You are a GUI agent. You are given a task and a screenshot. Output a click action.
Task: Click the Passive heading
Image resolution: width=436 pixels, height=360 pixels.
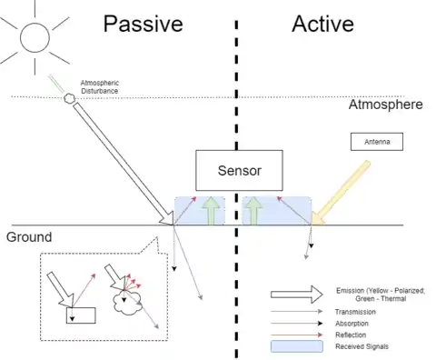(x=144, y=25)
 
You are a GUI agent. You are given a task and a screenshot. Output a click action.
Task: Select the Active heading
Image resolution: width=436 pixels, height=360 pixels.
(x=322, y=24)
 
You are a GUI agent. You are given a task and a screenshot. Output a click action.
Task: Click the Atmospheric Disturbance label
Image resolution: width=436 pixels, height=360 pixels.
(x=100, y=86)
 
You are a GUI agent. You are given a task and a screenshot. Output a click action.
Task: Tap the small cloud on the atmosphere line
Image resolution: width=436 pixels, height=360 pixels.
(x=69, y=98)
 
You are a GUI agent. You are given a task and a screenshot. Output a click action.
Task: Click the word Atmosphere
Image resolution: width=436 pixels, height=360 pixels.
(x=386, y=105)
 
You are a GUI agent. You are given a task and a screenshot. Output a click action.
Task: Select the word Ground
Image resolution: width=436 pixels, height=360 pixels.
(x=29, y=237)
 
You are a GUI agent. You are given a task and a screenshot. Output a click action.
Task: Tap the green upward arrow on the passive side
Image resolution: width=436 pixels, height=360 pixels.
(x=211, y=211)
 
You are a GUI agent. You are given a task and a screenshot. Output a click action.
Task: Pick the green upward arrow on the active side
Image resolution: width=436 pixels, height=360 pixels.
(x=253, y=211)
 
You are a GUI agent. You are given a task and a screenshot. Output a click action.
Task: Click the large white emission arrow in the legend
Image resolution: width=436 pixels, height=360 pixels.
(x=297, y=295)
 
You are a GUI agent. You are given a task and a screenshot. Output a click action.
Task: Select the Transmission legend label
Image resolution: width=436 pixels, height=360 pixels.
(x=355, y=312)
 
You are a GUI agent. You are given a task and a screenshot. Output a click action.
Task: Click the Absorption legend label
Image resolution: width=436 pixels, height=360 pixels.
(x=352, y=324)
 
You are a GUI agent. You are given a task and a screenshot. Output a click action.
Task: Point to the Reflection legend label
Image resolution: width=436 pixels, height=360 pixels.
(x=351, y=335)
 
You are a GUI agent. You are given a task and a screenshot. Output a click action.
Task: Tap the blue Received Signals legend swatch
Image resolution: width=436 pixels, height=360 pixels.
(x=297, y=346)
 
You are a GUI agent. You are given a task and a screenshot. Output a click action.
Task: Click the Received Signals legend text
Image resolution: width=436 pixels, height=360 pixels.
(x=362, y=346)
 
